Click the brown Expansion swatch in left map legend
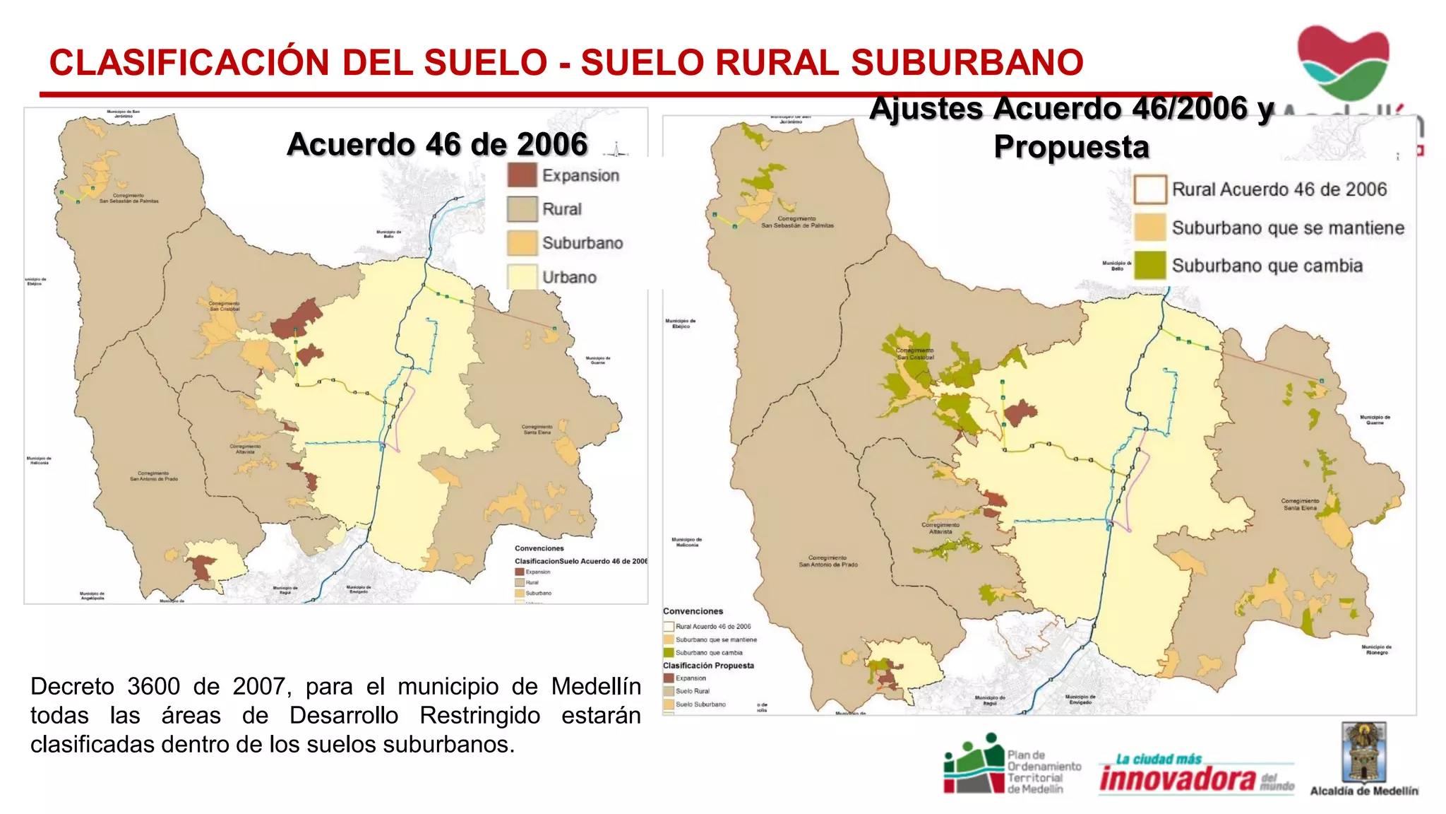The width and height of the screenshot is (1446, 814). (x=522, y=175)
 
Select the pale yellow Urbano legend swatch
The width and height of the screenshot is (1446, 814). (x=522, y=277)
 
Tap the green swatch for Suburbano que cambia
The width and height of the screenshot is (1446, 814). (x=1149, y=266)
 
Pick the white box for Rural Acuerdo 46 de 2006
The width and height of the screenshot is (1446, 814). (x=1149, y=189)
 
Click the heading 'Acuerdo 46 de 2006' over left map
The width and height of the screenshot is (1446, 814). (x=437, y=144)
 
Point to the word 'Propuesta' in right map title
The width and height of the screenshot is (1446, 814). (x=1071, y=147)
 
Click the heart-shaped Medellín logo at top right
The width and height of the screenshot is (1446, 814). (x=1343, y=62)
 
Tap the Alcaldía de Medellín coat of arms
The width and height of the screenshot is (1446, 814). (x=1364, y=752)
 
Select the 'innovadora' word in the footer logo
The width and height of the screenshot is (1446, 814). (x=1177, y=779)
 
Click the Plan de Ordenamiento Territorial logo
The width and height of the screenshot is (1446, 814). (x=1012, y=765)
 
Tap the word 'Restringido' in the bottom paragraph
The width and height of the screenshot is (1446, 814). (x=480, y=715)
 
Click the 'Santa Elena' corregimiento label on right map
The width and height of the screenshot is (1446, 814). (x=1300, y=507)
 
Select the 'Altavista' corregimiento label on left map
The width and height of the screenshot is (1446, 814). (x=245, y=451)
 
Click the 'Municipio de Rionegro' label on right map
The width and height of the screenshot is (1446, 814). (x=1376, y=649)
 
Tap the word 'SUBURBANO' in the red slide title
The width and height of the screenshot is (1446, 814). (x=967, y=62)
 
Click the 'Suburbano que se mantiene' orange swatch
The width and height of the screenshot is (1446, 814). (x=1149, y=228)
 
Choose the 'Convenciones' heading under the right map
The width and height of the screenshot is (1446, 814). (x=693, y=611)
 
